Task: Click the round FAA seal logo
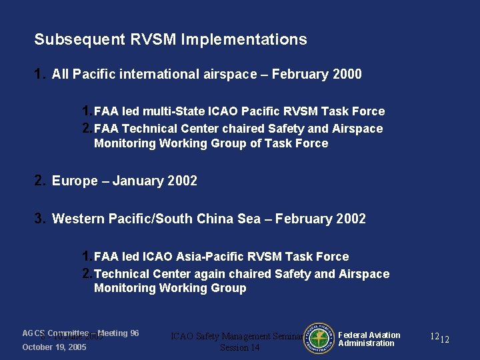(320, 339)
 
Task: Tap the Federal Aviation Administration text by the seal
(369, 339)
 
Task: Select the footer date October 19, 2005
(54, 347)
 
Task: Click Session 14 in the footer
(239, 348)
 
